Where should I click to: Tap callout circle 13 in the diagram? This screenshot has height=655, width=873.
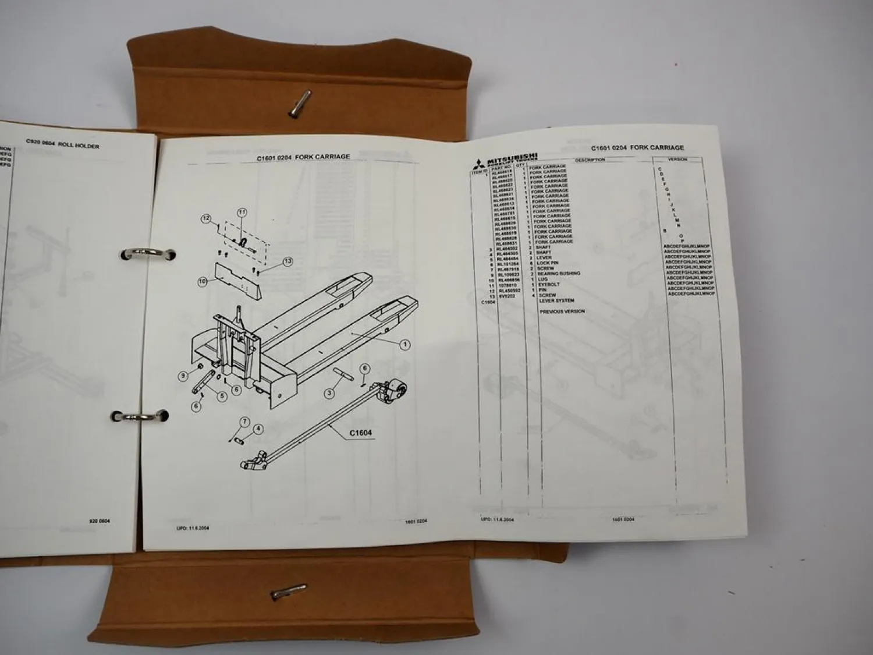(x=288, y=261)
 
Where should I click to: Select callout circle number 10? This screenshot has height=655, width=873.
(x=203, y=282)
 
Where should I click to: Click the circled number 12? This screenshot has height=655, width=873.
(x=205, y=219)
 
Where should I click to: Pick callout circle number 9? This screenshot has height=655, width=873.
(x=183, y=376)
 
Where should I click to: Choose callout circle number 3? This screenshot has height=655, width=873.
(x=329, y=394)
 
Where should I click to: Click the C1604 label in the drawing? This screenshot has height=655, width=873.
(x=361, y=433)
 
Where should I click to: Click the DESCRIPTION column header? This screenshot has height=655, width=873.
(x=590, y=160)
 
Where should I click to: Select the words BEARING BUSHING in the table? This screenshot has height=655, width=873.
(x=558, y=274)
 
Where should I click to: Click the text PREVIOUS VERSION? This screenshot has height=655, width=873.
(x=562, y=311)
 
